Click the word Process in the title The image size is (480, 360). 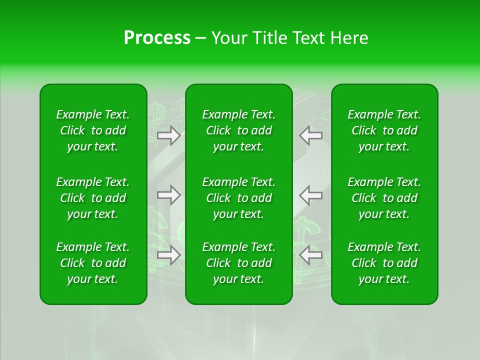point(157,38)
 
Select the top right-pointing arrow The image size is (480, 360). point(169,135)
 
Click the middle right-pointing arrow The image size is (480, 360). point(169,195)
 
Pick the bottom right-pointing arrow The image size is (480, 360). point(169,255)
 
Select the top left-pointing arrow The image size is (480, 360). point(310,135)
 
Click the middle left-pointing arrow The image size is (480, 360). point(310,195)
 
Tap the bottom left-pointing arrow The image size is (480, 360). point(310,255)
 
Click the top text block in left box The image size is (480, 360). point(93,130)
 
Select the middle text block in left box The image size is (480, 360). point(93,198)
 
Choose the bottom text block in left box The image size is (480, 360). point(93,263)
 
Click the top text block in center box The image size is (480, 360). point(239,130)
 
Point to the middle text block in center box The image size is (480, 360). point(239,198)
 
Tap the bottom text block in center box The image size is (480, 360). point(239,263)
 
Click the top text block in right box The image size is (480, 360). point(384,130)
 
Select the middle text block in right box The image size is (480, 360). point(384,198)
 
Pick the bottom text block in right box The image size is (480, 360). point(384,263)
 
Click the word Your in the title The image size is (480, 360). point(229,38)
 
